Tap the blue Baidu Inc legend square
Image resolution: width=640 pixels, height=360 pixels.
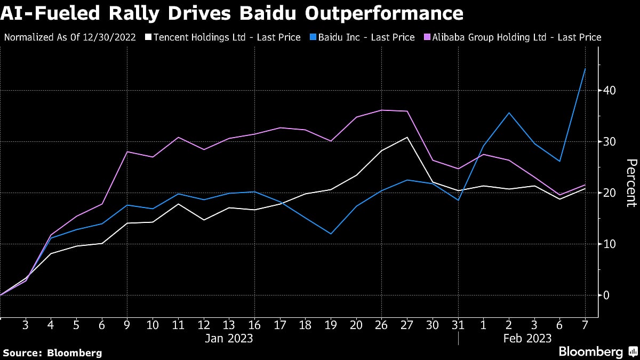[x=314, y=37]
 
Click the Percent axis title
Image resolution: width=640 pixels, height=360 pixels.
[x=631, y=182]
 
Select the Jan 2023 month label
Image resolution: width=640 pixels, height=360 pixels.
[x=229, y=338]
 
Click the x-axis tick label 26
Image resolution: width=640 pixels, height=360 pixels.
[x=381, y=324]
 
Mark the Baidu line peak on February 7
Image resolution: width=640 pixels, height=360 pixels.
[x=585, y=69]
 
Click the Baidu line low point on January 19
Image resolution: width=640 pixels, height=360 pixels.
[x=331, y=234]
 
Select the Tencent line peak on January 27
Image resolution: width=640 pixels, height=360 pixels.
[x=407, y=138]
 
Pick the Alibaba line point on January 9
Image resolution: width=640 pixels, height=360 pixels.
[x=127, y=152]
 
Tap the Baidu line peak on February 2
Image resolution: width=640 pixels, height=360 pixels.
[x=509, y=113]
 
